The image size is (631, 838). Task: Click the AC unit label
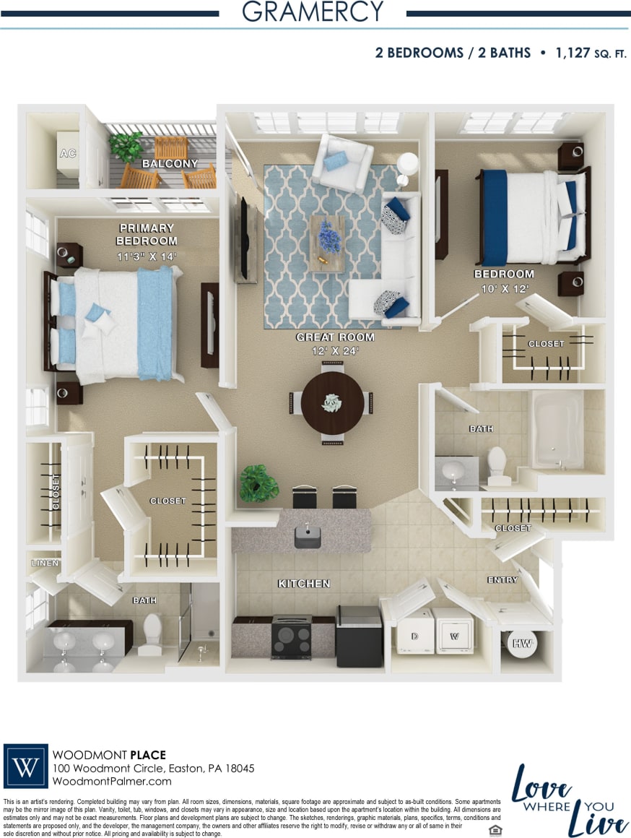(67, 154)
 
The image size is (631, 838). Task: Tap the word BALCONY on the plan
(170, 164)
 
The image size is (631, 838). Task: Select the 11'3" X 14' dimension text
(147, 256)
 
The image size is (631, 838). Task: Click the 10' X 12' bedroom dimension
(505, 288)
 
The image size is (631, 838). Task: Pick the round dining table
(333, 402)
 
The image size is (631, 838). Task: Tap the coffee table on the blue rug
(326, 243)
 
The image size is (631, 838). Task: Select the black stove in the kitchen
(292, 636)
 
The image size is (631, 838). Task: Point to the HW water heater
(520, 643)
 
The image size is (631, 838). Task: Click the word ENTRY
(502, 580)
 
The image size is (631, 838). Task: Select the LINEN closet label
(45, 563)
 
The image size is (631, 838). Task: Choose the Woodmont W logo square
(26, 766)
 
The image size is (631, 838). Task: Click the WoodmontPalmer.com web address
(113, 781)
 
